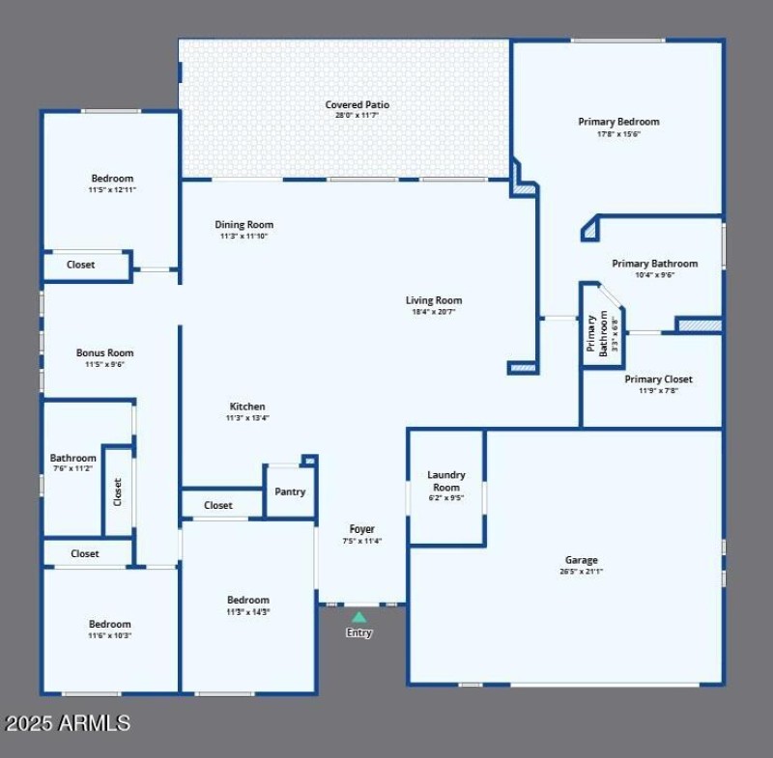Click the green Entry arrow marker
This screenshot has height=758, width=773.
358,617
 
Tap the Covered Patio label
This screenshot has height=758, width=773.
357,104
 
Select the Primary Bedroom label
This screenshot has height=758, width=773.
618,122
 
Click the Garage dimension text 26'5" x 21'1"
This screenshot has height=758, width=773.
581,572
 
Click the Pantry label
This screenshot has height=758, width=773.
290,491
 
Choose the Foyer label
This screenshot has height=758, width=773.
361,529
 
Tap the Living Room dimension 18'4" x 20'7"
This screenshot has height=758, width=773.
434,312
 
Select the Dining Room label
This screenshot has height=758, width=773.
243,225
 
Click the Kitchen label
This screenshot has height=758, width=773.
247,407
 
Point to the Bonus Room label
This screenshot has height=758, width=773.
105,352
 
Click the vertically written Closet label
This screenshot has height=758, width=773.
118,492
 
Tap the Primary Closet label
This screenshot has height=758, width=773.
658,379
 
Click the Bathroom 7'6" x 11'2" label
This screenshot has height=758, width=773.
73,458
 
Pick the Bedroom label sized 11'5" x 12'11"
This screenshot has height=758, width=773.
112,179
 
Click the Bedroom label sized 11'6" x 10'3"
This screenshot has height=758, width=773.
109,624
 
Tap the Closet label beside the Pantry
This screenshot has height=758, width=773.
218,505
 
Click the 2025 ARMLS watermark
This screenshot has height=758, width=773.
68,722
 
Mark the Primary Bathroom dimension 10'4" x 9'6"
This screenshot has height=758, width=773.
654,275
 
